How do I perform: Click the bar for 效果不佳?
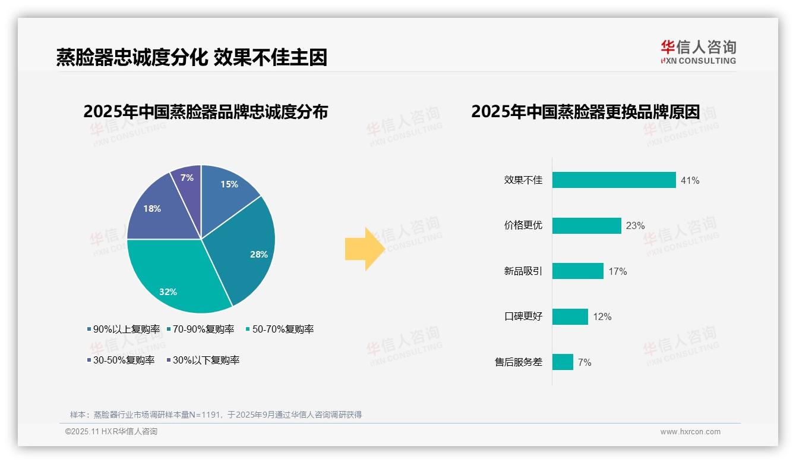pos(614,180)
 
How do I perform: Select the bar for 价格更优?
pos(586,226)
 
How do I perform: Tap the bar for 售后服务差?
pos(563,362)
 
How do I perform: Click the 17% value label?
pos(618,272)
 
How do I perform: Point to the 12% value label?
pos(602,317)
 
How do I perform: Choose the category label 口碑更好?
pos(523,316)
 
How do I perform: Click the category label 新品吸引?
pos(523,271)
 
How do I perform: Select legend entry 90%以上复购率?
pos(124,329)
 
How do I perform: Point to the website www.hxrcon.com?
pos(690,432)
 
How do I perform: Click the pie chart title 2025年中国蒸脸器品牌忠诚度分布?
pos(206,112)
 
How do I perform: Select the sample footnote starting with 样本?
pos(216,415)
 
